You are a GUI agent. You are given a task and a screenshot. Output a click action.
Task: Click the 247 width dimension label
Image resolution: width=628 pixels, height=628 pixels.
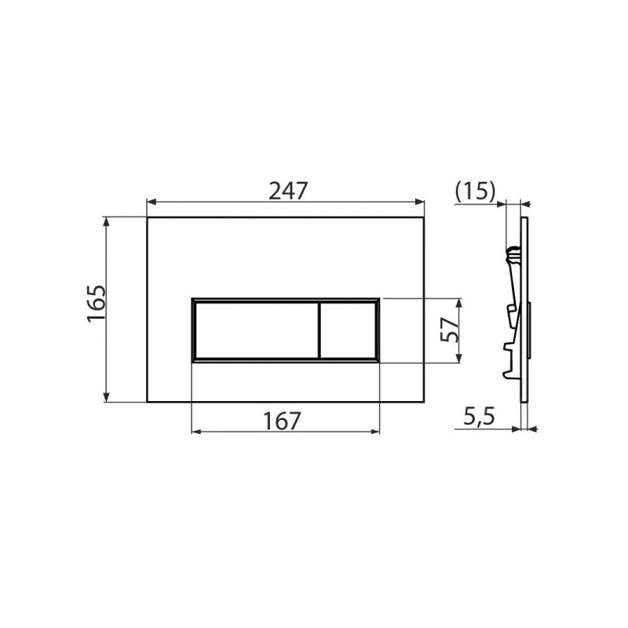point(287,191)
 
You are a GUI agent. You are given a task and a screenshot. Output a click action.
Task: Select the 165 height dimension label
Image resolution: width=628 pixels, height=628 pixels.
point(97,304)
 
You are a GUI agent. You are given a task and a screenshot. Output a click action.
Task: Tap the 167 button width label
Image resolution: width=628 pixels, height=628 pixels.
point(282,421)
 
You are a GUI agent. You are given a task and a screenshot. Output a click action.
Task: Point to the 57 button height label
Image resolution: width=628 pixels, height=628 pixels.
point(449,329)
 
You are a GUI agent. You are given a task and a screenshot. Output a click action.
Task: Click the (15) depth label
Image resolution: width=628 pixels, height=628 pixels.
point(476,191)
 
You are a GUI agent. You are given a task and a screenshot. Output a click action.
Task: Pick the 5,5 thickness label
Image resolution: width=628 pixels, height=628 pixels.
point(479,417)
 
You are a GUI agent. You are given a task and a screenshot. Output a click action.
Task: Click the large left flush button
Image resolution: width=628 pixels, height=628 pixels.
point(257,330)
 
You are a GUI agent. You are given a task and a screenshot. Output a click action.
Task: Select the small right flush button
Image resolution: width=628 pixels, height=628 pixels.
point(348,330)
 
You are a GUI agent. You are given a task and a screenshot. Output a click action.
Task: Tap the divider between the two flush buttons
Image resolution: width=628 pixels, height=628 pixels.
point(319,330)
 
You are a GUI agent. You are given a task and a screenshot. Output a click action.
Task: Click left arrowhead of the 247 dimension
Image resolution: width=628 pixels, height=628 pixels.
point(152,202)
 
